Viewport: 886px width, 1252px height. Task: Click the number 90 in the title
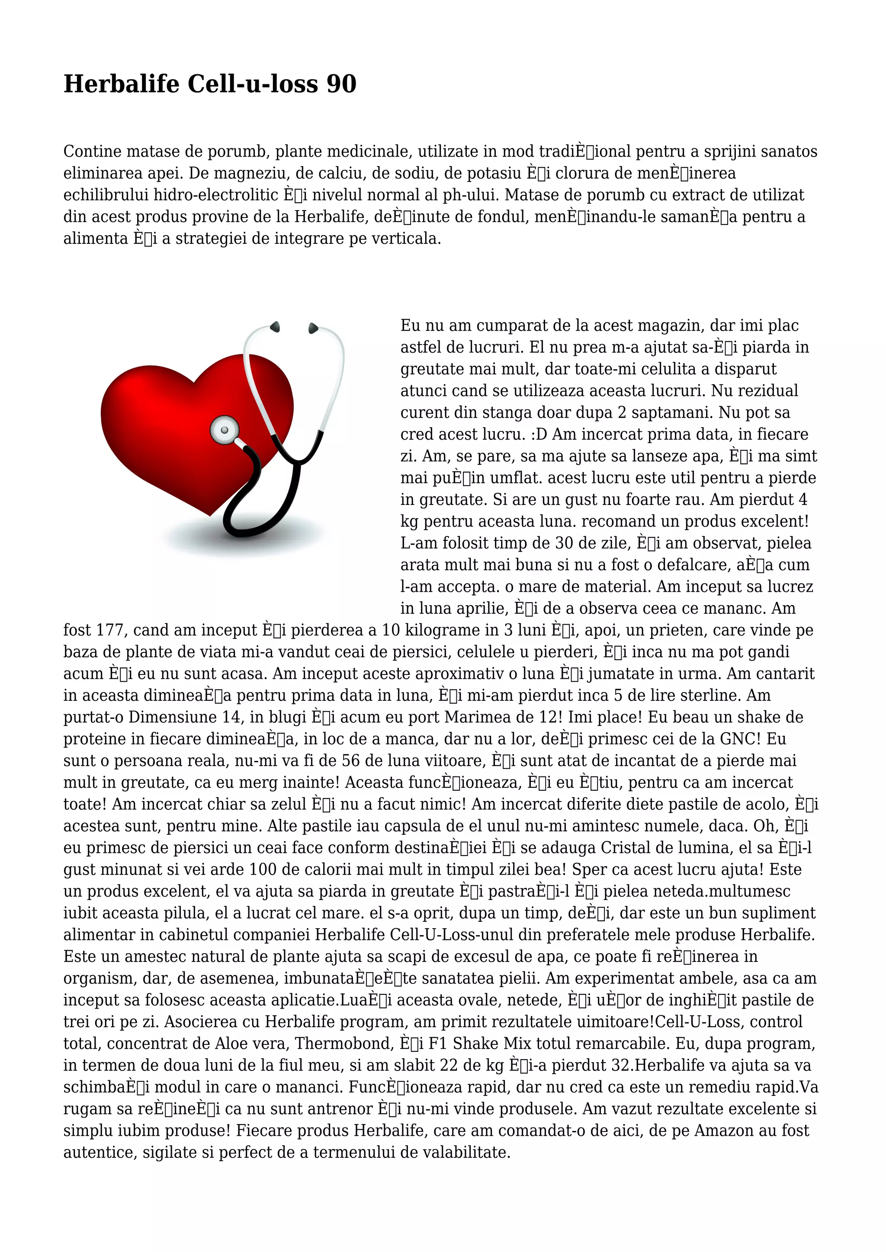click(x=341, y=84)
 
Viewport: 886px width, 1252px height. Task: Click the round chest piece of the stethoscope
click(x=224, y=430)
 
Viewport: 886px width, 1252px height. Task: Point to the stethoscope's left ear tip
click(x=275, y=327)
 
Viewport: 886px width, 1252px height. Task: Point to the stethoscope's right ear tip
click(x=313, y=328)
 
